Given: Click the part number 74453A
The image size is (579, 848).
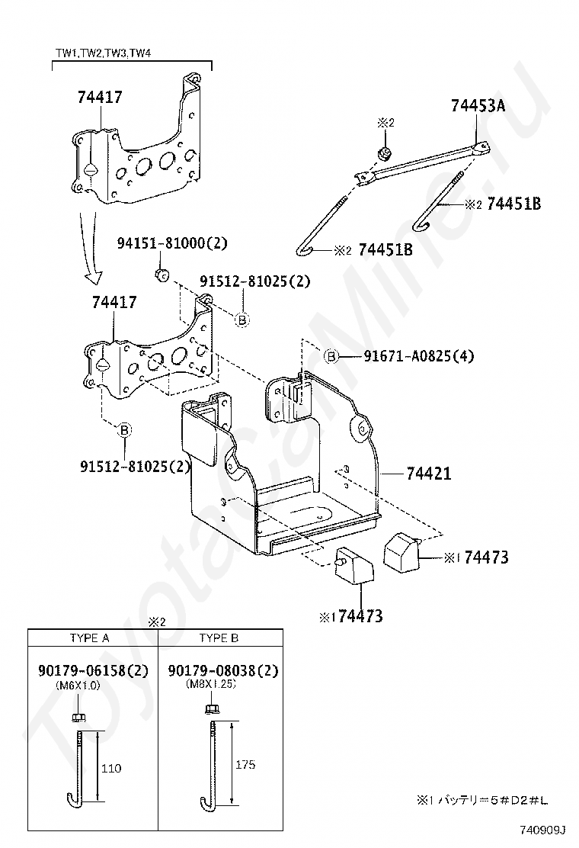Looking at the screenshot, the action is (x=478, y=105).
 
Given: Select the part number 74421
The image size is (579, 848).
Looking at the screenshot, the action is (x=428, y=474).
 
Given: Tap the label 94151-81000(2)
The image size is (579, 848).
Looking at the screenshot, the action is (x=172, y=243).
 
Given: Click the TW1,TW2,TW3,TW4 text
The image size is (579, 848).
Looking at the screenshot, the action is (x=103, y=53).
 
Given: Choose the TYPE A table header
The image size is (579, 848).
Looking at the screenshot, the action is (x=90, y=638).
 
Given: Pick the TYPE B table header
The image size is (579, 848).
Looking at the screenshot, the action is (x=219, y=638).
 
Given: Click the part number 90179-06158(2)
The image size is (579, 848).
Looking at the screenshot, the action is (x=93, y=670).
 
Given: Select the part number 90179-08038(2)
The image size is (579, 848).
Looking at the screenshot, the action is (x=223, y=670).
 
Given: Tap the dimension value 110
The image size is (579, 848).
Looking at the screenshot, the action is (x=111, y=768).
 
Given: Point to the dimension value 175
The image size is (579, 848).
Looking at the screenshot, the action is (x=245, y=765).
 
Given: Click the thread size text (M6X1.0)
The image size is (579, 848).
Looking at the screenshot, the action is (x=78, y=685).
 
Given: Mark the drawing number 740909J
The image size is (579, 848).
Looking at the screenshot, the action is (x=542, y=830).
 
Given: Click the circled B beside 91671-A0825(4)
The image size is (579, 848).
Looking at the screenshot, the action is (x=331, y=356).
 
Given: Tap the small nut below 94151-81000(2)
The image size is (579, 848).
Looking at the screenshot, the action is (x=161, y=275).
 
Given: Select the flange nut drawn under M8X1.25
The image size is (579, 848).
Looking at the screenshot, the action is (x=211, y=709).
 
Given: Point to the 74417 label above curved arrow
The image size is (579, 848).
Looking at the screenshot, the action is (x=100, y=98).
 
